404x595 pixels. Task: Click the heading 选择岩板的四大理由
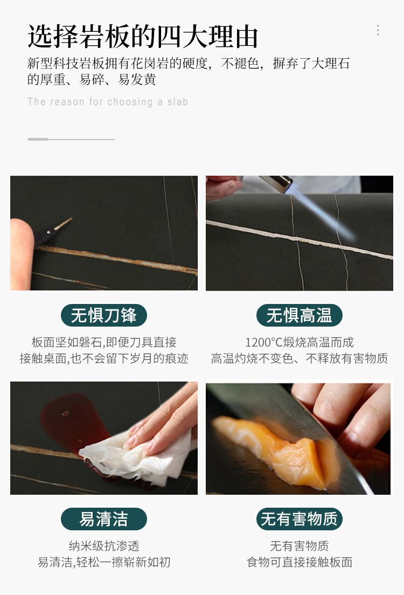[x=143, y=37]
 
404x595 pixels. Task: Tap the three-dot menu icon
[x=378, y=30]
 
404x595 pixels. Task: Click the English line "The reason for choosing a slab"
[x=108, y=102]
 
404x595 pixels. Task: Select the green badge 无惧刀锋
[x=103, y=315]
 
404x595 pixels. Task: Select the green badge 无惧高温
[x=299, y=315]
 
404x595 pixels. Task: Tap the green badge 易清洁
[x=103, y=518]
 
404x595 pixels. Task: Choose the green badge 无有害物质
[x=299, y=518]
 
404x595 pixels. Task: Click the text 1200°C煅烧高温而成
[x=299, y=342]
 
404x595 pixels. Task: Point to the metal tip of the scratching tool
[x=64, y=224]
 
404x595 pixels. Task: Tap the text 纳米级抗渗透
[x=104, y=545]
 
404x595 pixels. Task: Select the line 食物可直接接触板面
[x=299, y=562]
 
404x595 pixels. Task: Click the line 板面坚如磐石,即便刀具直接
[x=104, y=342]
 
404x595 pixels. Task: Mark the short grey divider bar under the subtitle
[x=38, y=139]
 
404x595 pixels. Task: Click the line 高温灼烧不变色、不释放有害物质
[x=299, y=358]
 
